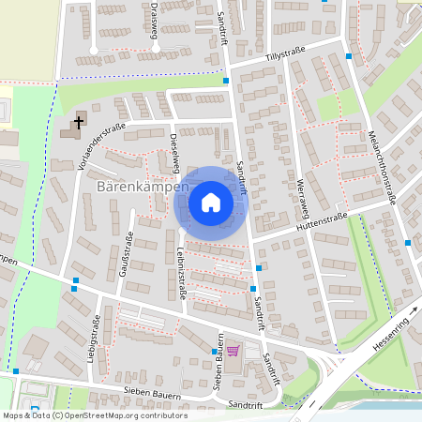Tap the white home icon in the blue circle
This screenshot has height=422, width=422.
click(x=211, y=202)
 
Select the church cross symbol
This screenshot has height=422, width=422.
click(x=79, y=121)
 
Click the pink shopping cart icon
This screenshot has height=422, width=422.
click(x=232, y=351)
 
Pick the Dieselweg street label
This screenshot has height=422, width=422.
click(x=174, y=152)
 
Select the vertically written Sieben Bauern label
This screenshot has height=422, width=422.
click(x=218, y=361)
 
